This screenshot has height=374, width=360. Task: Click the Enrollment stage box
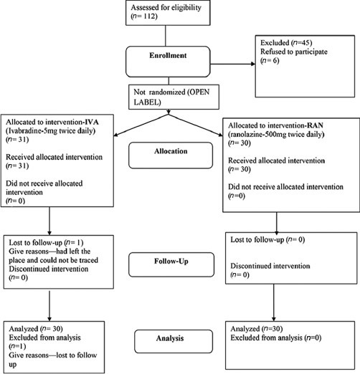[x=168, y=62]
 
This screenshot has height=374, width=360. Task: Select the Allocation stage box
[x=171, y=155]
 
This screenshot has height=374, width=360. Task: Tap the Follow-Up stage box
[x=171, y=264]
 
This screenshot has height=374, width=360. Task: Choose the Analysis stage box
[x=174, y=341]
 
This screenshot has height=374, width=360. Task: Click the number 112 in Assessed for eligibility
[x=150, y=16]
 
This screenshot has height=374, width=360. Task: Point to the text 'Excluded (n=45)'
[x=286, y=43]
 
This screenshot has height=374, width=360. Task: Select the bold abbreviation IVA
[x=92, y=122]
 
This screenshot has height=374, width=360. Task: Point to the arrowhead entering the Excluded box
[x=253, y=64]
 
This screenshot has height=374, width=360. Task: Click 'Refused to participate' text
[x=294, y=52]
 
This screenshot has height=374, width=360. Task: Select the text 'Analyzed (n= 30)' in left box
[x=36, y=329]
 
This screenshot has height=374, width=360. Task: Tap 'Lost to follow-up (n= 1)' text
[x=46, y=243]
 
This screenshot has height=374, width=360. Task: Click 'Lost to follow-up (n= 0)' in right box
[x=267, y=239]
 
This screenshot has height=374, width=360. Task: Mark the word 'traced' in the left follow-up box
[x=88, y=260]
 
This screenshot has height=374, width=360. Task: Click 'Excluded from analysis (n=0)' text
[x=276, y=337]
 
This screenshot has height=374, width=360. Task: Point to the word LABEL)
[x=147, y=102]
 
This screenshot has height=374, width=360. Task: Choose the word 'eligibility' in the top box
[x=186, y=8]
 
